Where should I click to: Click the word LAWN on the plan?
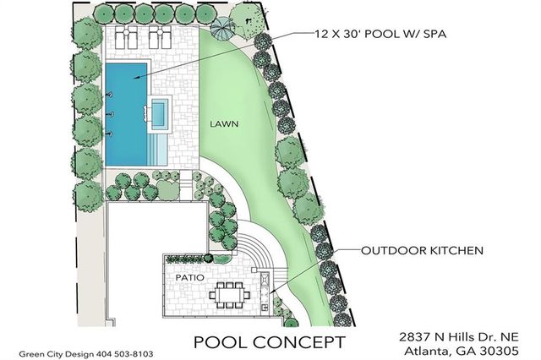click(x=227, y=123)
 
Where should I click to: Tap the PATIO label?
click(x=188, y=276)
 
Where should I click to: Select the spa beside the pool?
click(x=159, y=111)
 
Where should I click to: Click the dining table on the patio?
click(x=229, y=296)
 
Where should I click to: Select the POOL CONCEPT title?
click(x=270, y=342)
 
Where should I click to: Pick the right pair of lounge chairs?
click(x=158, y=39)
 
